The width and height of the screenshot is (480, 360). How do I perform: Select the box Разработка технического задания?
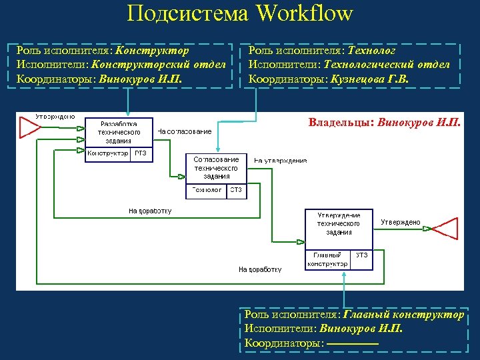pos(119,132)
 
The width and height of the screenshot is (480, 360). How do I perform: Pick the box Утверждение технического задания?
pos(339,224)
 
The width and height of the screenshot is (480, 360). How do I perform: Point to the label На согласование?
pos(185,131)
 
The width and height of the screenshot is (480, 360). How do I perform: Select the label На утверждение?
pos(281,161)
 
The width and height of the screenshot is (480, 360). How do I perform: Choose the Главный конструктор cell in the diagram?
pos(327,259)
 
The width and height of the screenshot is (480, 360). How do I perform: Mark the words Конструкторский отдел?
pos(164,65)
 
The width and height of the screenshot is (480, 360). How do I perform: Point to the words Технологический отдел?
pos(386,65)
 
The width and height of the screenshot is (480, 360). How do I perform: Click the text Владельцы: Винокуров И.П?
pos(384,123)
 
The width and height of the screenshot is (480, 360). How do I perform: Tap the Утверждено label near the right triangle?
pos(401,222)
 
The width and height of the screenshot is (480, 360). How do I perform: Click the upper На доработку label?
pos(150,211)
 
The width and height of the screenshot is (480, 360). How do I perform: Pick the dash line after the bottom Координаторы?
pos(353,343)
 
